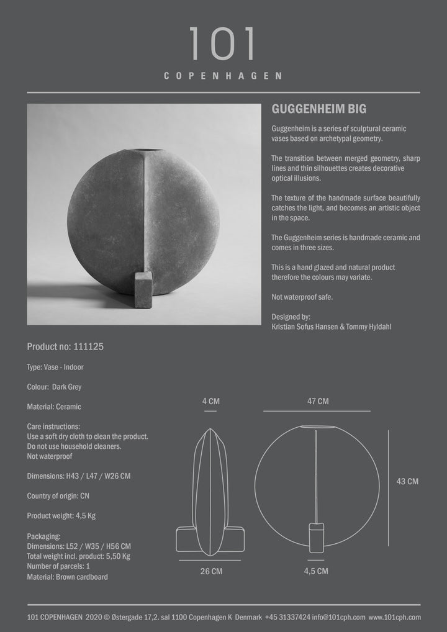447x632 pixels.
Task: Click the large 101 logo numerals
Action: (223, 44)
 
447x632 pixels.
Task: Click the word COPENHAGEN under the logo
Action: (223, 76)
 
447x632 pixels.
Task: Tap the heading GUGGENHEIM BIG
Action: (319, 109)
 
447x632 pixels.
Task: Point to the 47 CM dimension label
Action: (318, 402)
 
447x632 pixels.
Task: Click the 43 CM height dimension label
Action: (407, 481)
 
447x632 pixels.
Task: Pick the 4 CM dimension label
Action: (210, 402)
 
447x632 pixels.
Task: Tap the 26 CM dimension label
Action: (211, 571)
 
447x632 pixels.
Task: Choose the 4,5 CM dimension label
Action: (316, 571)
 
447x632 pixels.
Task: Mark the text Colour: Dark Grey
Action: (55, 387)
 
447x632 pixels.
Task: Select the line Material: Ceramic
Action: (54, 407)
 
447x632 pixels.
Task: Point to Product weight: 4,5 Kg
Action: (61, 516)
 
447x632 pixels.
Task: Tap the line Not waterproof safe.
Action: (302, 297)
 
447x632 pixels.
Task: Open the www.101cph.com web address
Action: (394, 617)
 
